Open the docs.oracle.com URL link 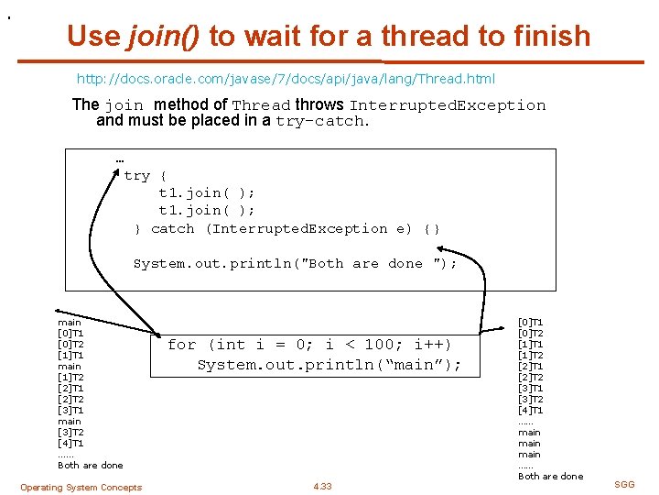click(286, 79)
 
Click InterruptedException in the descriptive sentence click(448, 105)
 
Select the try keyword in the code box click(136, 175)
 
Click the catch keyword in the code click(173, 228)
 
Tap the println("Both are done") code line click(295, 264)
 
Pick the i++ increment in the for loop click(433, 345)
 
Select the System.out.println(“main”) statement click(329, 365)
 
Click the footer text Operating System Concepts click(81, 488)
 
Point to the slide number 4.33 click(322, 487)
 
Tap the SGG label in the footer click(624, 484)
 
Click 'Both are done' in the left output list click(90, 466)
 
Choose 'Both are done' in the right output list click(550, 477)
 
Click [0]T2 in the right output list click(531, 334)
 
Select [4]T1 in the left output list click(70, 444)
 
